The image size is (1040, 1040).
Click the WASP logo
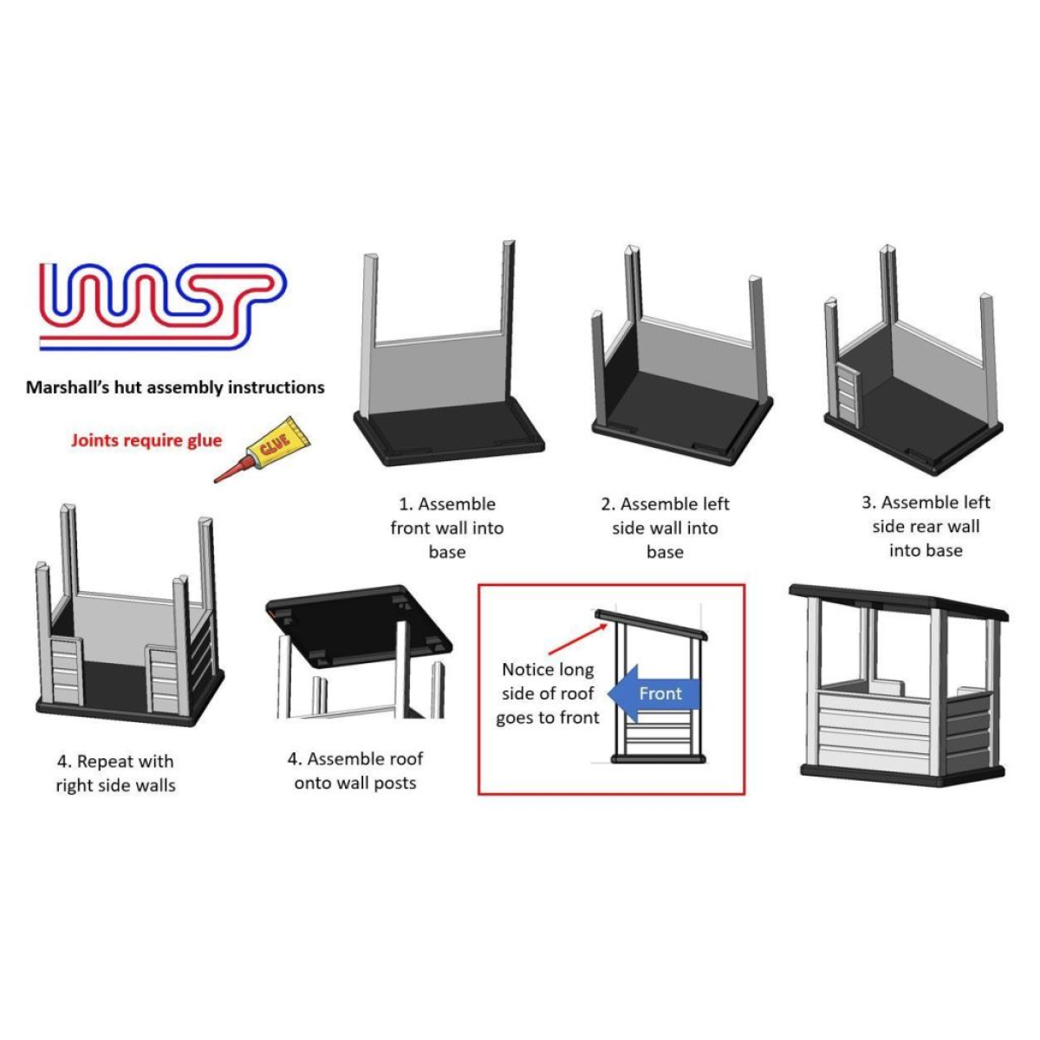pos(162,306)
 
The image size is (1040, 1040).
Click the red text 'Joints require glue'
pos(146,440)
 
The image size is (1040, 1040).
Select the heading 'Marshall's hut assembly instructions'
pos(175,387)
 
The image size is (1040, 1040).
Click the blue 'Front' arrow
pos(654,693)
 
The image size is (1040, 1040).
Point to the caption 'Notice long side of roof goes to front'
pos(548,693)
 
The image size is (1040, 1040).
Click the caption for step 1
pos(447,528)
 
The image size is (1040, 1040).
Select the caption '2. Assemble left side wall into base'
pos(666,528)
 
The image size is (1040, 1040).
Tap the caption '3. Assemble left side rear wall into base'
pos(926,526)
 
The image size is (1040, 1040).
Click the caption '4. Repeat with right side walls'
pos(116,773)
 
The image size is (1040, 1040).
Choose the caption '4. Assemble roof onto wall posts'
pos(355,770)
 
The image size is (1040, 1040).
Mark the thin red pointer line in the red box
pos(571,636)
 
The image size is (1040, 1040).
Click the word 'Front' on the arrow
pos(660,693)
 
